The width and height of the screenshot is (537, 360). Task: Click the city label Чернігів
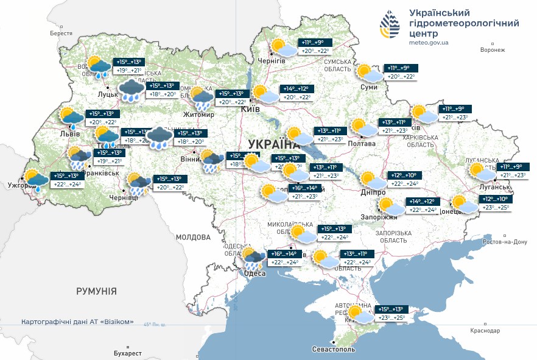click(272, 62)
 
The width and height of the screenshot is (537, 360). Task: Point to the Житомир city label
click(199, 115)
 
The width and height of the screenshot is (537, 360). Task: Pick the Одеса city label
click(254, 274)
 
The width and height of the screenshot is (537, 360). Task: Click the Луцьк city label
click(107, 96)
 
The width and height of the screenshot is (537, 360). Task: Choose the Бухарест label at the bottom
click(127, 353)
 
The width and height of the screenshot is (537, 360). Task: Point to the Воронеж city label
click(492, 50)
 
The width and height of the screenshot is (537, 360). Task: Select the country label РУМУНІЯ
click(96, 292)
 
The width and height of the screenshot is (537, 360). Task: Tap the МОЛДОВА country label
click(193, 237)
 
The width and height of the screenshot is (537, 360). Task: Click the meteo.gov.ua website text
click(429, 43)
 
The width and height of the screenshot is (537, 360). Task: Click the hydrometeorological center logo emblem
click(390, 25)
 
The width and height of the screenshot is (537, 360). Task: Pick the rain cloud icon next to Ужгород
click(37, 180)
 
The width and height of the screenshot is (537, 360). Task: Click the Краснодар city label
click(485, 331)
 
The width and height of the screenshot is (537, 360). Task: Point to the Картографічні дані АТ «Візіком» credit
click(77, 322)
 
